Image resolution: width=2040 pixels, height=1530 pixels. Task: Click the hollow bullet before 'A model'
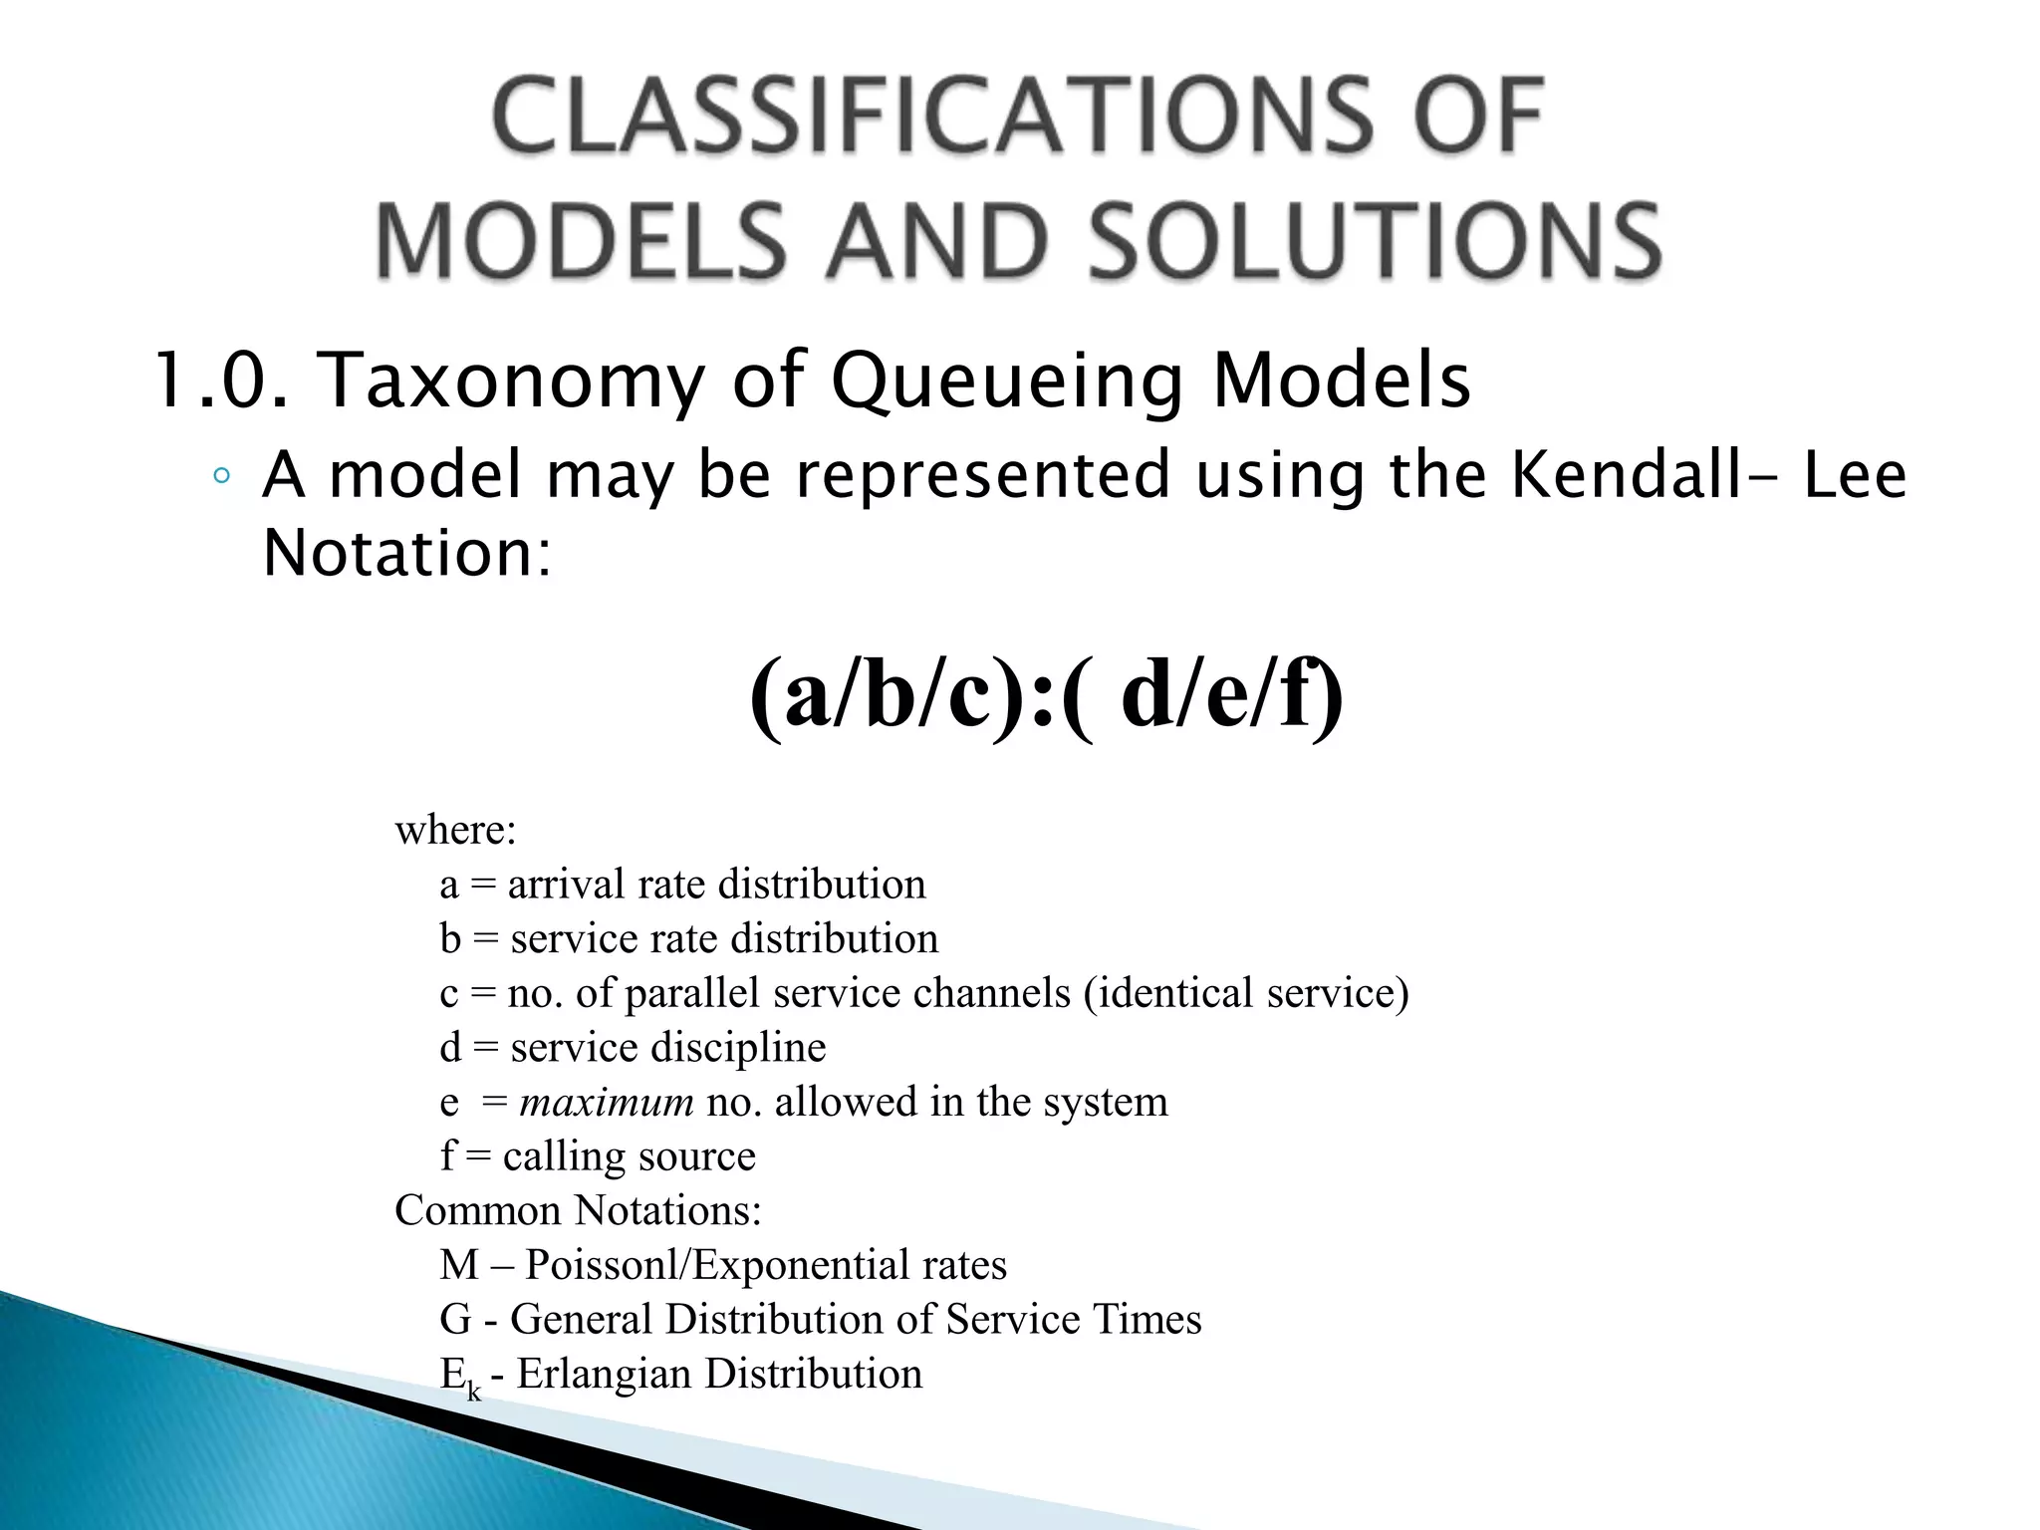point(221,477)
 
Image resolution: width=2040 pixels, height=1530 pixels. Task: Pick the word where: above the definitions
point(456,830)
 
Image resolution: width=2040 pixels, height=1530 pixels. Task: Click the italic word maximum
point(607,1102)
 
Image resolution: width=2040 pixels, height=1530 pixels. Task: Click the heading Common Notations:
point(578,1211)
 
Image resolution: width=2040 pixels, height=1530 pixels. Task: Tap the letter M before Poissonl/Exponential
point(459,1265)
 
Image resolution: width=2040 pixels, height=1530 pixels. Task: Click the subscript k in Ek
point(474,1391)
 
